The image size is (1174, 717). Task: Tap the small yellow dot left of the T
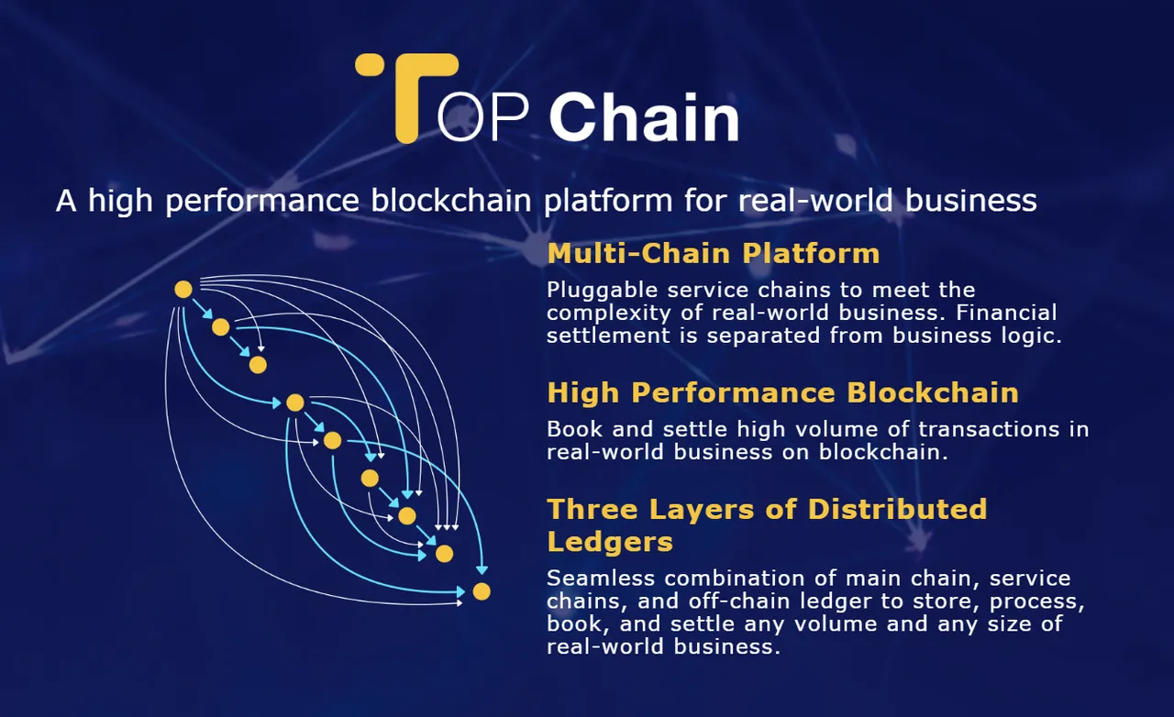[368, 64]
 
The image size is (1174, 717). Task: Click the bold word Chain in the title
[644, 116]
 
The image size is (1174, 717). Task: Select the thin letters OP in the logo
[482, 116]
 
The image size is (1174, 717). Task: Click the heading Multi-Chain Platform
[714, 254]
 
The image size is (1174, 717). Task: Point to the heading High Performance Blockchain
[783, 393]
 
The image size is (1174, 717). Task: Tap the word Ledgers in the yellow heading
[610, 542]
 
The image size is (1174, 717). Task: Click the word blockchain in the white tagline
[450, 201]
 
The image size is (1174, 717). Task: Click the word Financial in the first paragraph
[1006, 313]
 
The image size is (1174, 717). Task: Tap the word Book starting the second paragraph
[575, 429]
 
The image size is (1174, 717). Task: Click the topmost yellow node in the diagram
[183, 290]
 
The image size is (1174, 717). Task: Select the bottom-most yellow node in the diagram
[482, 591]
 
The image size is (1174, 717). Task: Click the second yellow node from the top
[221, 327]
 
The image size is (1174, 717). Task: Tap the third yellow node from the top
[258, 365]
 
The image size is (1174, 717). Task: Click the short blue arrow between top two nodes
[203, 309]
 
